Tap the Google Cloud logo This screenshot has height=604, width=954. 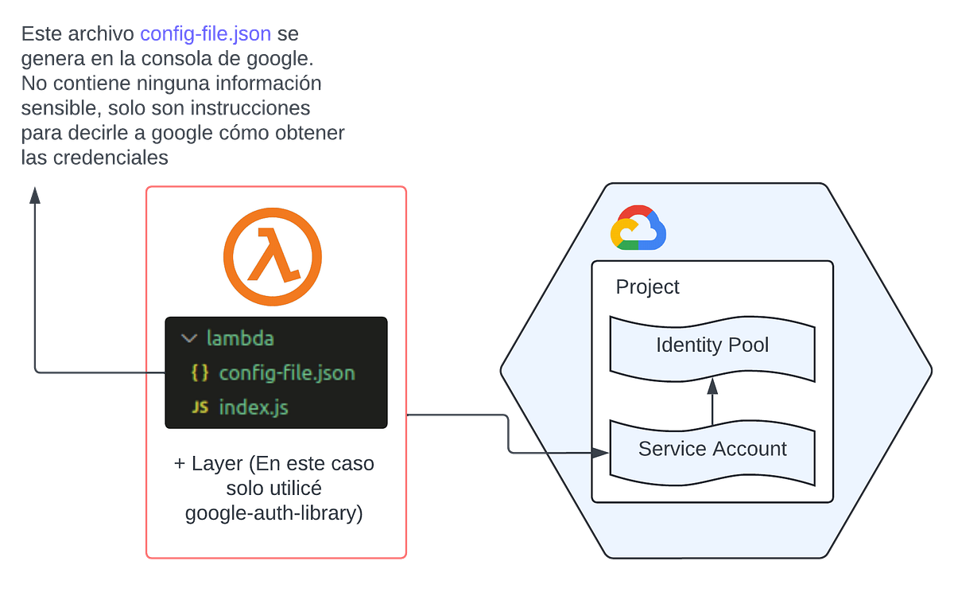pos(638,229)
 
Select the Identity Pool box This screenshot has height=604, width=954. pos(712,345)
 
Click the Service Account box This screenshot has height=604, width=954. pos(712,449)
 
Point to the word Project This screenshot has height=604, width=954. pos(647,287)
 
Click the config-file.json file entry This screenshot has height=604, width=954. pos(286,373)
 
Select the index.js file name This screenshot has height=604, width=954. pos(254,408)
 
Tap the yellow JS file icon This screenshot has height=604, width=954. pos(200,408)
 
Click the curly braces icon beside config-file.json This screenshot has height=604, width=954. pos(200,373)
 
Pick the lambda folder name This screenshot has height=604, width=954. pos(240,338)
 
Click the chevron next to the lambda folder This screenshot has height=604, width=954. pos(189,338)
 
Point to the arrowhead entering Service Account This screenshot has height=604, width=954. pos(602,453)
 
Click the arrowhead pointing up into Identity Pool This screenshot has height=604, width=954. pos(712,386)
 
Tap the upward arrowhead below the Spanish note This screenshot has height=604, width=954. pos(34,194)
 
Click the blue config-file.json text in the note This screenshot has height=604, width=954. pos(205,34)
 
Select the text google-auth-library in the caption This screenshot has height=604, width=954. pos(273,513)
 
